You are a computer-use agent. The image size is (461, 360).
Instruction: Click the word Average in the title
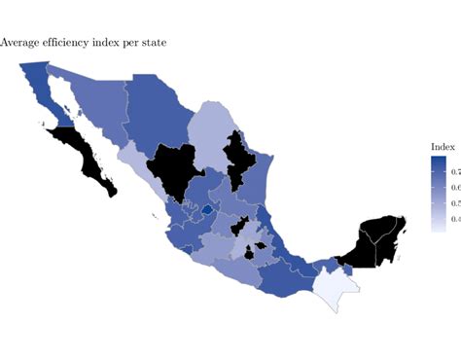coord(20,43)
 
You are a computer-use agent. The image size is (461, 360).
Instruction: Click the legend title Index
coord(443,146)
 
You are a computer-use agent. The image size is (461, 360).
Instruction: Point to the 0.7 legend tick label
coord(453,168)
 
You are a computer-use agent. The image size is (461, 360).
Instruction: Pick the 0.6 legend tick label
coord(453,186)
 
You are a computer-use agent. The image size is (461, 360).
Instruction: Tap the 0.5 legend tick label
coord(453,203)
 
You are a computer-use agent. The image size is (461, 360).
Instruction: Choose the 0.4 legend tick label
coord(453,220)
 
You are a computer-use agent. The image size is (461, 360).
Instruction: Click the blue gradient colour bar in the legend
coord(438,195)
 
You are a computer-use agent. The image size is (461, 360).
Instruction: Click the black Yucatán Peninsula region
coord(374,238)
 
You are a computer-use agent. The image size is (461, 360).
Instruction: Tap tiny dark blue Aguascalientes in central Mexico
coord(207,209)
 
